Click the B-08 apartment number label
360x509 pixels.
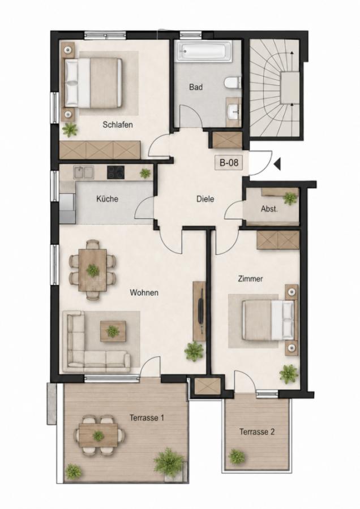(x=229, y=162)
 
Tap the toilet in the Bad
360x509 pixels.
(x=233, y=83)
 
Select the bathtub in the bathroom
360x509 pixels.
(x=205, y=51)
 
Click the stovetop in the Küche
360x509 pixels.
(x=115, y=172)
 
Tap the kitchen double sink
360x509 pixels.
(x=84, y=172)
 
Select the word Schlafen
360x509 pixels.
(x=118, y=124)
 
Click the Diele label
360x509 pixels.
(x=205, y=199)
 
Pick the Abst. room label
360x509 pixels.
(x=269, y=209)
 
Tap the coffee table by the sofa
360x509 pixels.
(x=113, y=331)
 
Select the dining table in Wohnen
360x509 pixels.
(x=93, y=270)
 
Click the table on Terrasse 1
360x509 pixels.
(x=98, y=435)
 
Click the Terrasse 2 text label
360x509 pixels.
(x=256, y=432)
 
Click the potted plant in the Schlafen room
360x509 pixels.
(x=70, y=130)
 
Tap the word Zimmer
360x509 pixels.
(x=250, y=278)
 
